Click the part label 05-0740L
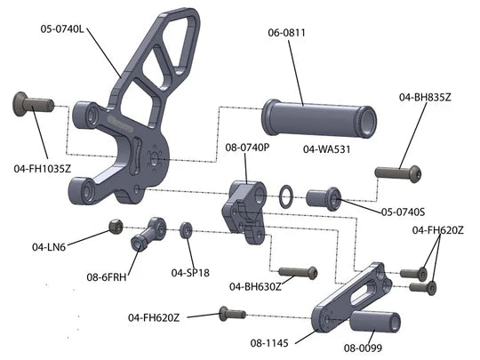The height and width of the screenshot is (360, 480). [x=62, y=29]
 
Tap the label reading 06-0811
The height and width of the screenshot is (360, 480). [x=286, y=33]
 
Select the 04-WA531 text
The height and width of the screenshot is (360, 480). [x=326, y=149]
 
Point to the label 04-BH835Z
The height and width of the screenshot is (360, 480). [x=425, y=98]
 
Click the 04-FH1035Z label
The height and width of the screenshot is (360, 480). [x=43, y=168]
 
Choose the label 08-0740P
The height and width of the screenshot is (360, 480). [x=247, y=148]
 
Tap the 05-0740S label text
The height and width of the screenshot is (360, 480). [x=403, y=212]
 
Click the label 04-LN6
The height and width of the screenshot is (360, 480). [x=49, y=247]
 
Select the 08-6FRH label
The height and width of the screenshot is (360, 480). [x=107, y=277]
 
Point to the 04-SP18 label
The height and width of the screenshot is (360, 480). [x=190, y=273]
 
